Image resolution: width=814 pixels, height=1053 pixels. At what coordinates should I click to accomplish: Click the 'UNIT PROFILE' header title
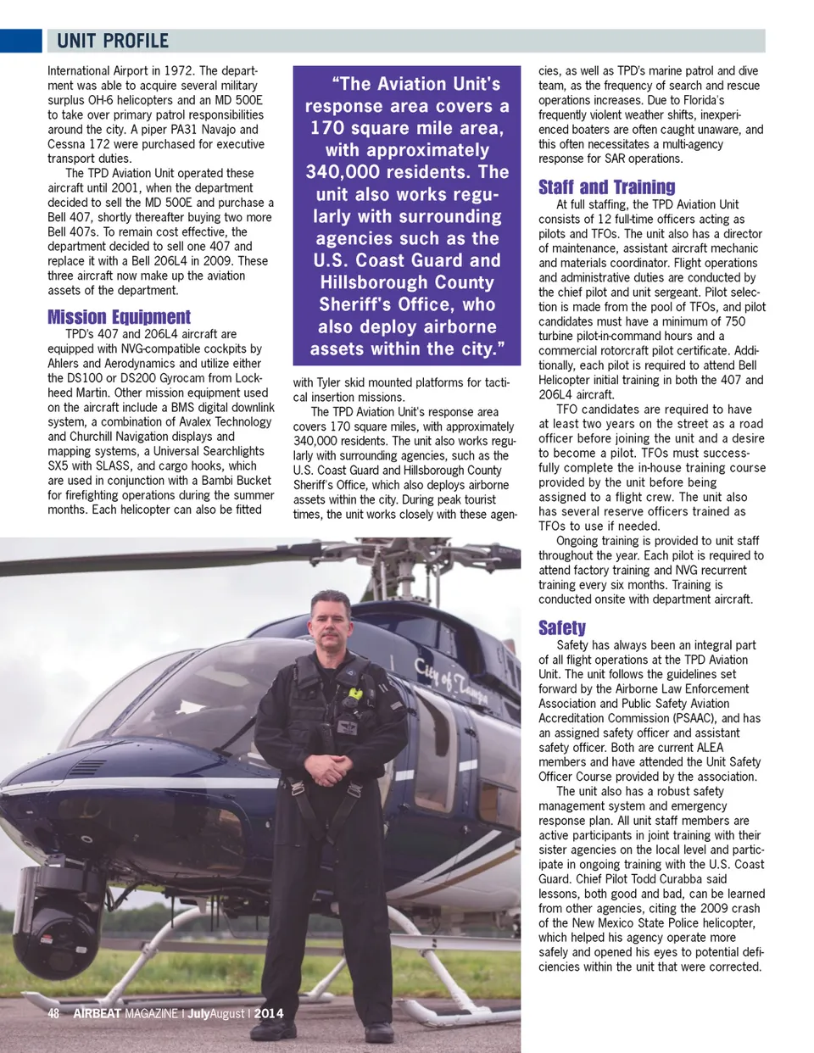click(113, 41)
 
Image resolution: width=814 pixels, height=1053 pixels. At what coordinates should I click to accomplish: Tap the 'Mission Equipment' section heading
click(119, 317)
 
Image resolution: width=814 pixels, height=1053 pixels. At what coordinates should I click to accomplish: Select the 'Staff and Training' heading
click(606, 187)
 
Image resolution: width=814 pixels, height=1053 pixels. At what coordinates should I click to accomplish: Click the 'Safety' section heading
click(561, 627)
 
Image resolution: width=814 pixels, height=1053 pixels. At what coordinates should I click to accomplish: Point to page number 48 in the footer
click(53, 1013)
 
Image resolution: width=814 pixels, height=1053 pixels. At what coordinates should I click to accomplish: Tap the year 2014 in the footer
click(269, 1013)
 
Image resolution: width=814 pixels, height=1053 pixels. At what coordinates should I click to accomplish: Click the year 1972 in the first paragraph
click(179, 71)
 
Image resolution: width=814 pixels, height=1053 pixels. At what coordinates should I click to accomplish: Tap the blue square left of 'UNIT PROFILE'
click(20, 41)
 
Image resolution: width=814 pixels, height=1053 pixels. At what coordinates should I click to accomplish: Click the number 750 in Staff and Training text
click(734, 321)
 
